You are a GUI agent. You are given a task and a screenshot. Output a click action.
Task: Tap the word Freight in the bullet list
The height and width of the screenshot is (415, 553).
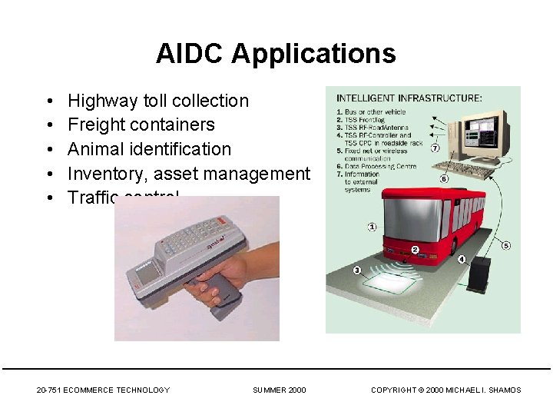point(98,125)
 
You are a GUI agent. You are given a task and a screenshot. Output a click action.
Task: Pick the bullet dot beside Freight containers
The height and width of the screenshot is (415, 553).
point(48,125)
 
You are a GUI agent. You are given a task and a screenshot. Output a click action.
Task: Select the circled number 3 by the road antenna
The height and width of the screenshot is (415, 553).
point(357,270)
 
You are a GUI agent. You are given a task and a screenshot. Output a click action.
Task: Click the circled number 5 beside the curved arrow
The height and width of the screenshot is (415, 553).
point(505,245)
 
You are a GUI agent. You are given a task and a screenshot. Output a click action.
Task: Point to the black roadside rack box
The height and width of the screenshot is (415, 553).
point(479,274)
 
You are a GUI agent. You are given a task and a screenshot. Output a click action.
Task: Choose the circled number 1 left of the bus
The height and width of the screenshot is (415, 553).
point(372,227)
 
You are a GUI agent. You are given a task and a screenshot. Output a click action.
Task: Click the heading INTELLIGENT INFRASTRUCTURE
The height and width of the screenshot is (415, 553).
point(409,98)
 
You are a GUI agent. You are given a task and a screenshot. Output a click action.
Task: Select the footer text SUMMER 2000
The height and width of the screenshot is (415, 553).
point(279,390)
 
